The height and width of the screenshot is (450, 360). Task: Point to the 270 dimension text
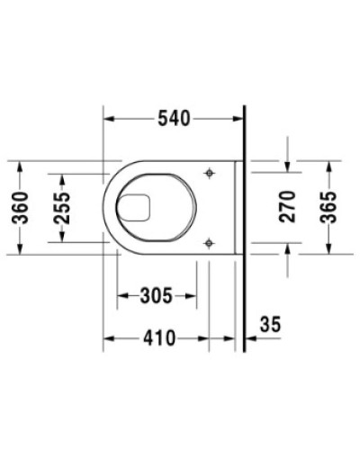(x=287, y=208)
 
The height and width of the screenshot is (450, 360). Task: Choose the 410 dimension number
(x=157, y=339)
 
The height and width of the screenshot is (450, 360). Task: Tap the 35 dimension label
(x=270, y=322)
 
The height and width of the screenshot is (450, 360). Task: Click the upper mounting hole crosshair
(x=210, y=173)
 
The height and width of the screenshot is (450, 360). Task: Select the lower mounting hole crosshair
(x=210, y=241)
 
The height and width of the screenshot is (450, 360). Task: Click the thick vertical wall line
(x=245, y=225)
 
